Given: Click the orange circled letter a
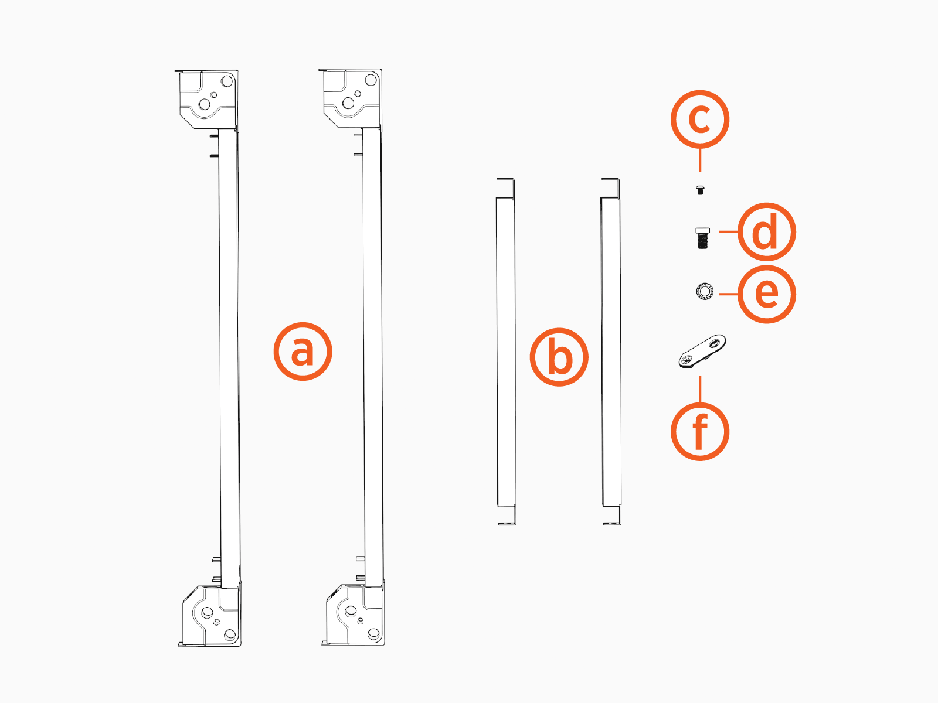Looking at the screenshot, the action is tap(303, 351).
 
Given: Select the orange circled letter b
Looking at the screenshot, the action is tap(559, 357).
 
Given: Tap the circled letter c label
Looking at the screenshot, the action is tap(700, 119).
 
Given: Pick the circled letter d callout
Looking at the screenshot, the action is tap(767, 232).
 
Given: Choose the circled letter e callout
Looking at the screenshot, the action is tap(767, 294).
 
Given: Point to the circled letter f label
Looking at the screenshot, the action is tap(700, 432).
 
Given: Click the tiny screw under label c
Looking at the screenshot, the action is tap(700, 190).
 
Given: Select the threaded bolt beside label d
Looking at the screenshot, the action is tap(702, 238).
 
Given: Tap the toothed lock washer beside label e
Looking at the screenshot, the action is tap(704, 291).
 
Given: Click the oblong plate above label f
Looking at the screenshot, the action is tap(702, 351).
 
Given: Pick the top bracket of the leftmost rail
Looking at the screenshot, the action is tap(208, 100).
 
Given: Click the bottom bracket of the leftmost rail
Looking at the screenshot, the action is tap(210, 614).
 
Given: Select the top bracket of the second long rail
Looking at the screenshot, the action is tap(351, 98).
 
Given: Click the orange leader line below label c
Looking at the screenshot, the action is tap(700, 160).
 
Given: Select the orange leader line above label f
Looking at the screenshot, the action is tap(700, 389).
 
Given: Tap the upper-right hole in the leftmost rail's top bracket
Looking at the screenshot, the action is tap(227, 81).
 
